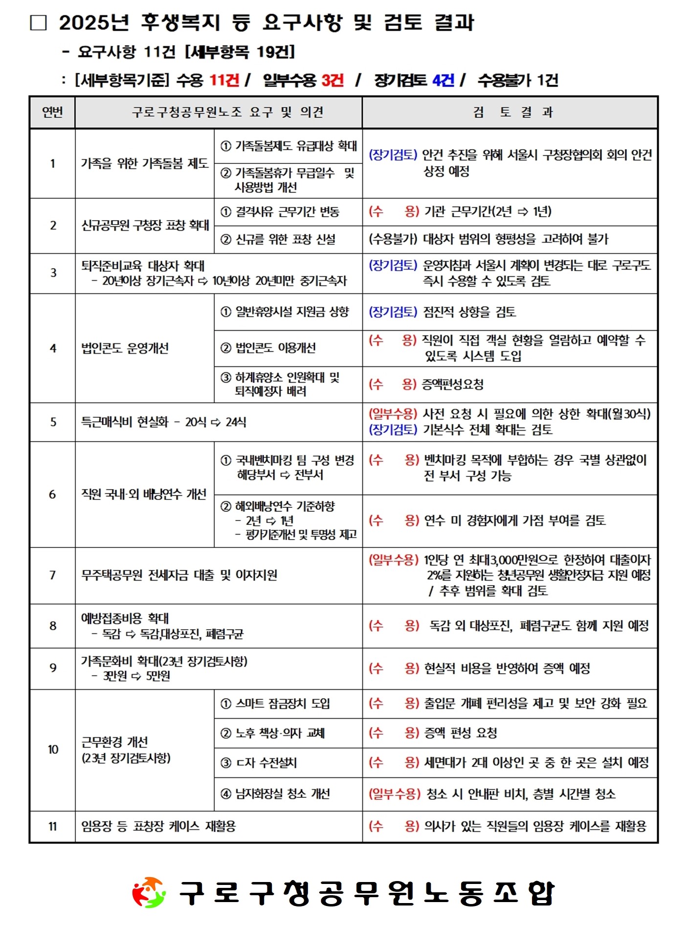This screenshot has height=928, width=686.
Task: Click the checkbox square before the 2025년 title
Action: point(38,23)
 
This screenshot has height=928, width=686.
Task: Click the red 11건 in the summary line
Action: point(224,80)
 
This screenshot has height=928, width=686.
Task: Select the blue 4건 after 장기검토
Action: point(443,80)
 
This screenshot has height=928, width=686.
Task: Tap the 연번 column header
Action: point(52,113)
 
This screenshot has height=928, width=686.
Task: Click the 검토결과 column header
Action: point(509,113)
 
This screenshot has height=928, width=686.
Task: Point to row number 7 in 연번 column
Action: point(52,575)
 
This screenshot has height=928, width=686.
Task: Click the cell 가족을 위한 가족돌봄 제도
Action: point(145,163)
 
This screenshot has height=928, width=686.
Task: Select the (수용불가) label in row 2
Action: point(393,239)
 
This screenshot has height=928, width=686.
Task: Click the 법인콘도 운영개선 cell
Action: point(125,348)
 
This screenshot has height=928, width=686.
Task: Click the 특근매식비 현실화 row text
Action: point(164,422)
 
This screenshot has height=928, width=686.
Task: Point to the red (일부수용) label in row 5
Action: point(393,414)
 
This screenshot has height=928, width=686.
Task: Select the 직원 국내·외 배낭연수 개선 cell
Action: point(144,494)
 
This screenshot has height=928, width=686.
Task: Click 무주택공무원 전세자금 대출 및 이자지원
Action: point(179,575)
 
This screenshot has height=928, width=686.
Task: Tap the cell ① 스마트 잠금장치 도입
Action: point(275,703)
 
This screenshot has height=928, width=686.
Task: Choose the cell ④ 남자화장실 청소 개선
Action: point(275,793)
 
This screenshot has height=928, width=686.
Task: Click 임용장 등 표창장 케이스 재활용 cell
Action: point(158,826)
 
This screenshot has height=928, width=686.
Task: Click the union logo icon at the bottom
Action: point(149,892)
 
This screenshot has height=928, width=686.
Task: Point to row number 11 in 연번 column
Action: point(52,826)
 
